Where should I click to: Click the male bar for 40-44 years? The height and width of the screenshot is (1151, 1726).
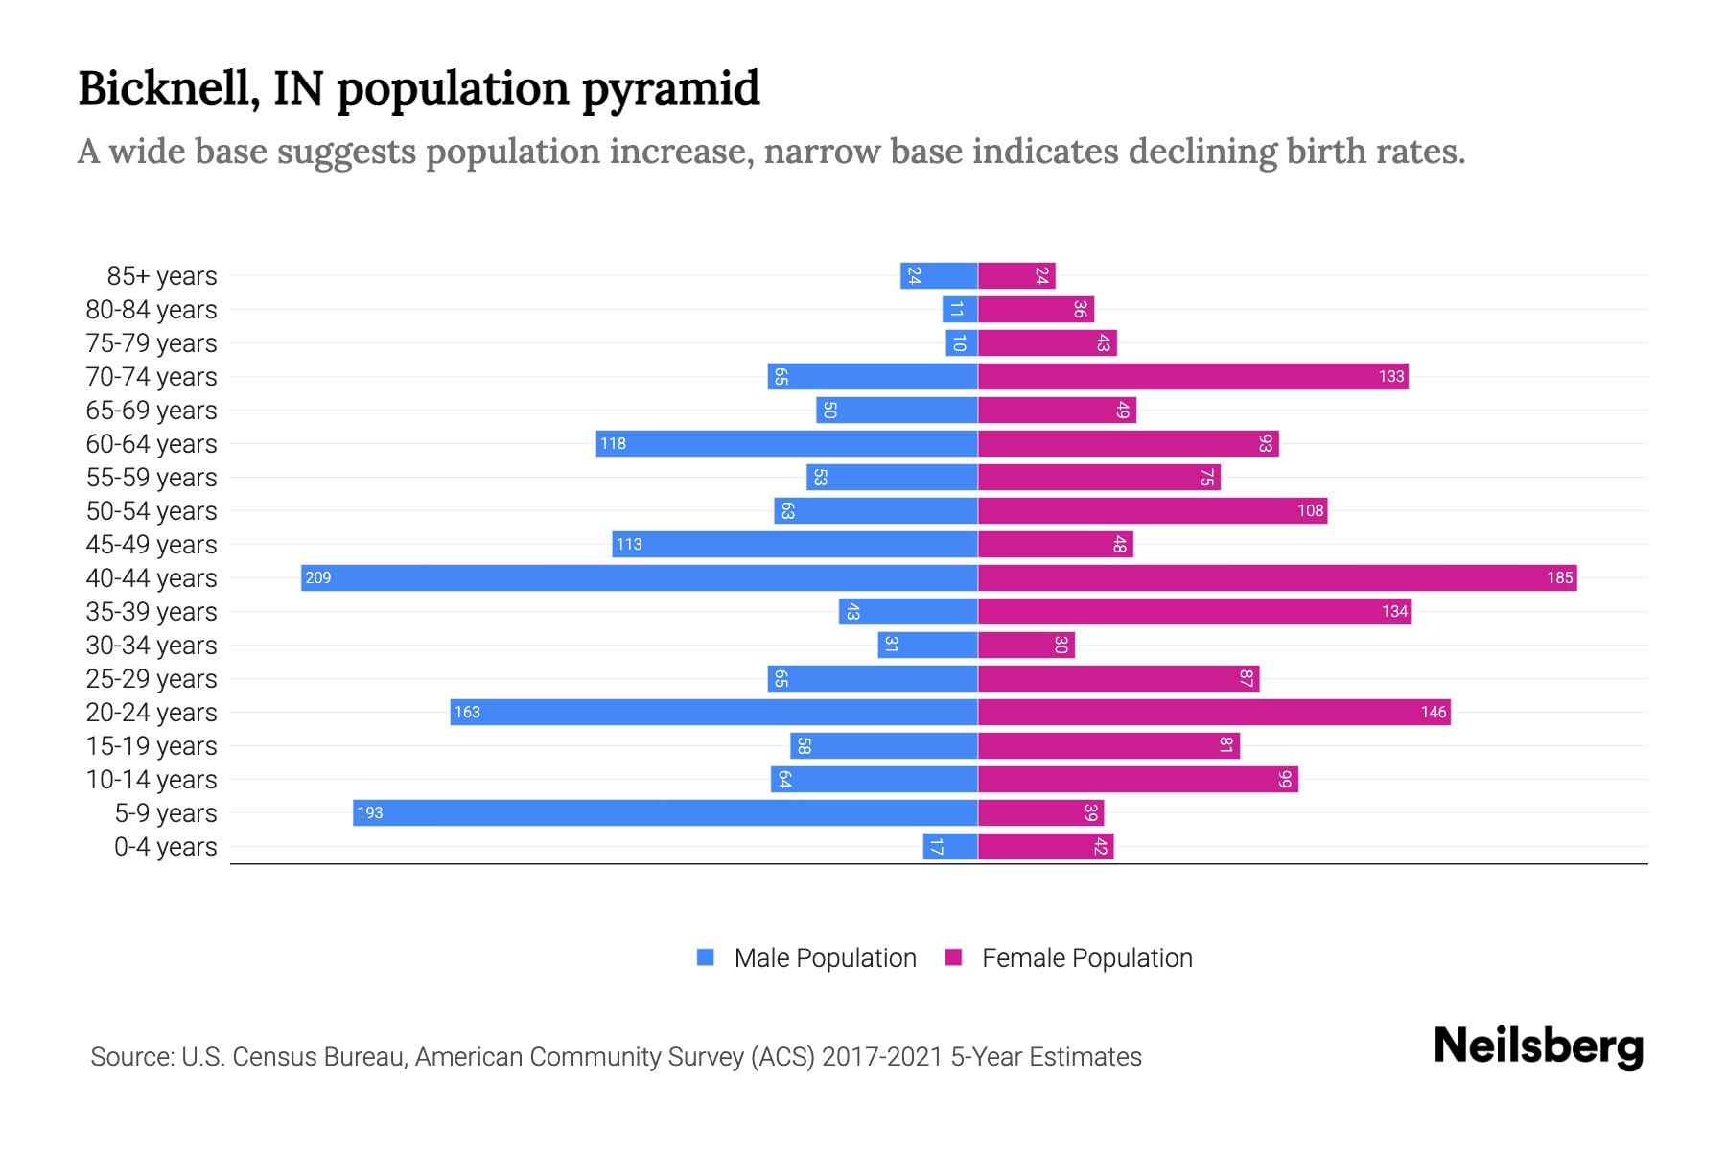click(x=639, y=577)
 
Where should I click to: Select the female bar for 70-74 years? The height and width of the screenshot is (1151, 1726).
click(x=1193, y=376)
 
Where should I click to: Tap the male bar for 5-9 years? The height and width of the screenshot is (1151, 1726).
click(x=665, y=812)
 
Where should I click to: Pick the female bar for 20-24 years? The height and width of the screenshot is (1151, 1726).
click(x=1214, y=712)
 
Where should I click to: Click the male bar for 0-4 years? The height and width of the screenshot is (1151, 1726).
click(x=950, y=846)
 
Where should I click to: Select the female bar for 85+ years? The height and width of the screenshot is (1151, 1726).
click(x=1016, y=275)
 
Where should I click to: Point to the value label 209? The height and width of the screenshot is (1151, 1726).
click(x=318, y=577)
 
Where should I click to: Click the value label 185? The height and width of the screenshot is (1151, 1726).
click(x=1559, y=577)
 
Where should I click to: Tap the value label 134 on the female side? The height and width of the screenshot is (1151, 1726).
click(x=1394, y=611)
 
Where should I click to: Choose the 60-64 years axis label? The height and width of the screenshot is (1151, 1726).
click(x=152, y=444)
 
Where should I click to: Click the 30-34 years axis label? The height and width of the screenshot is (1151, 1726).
click(x=152, y=646)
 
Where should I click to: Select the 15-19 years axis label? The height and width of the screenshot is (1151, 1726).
click(x=152, y=746)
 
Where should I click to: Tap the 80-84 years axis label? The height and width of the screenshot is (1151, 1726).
click(x=152, y=310)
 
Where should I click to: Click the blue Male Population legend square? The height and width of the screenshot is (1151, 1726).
click(x=706, y=957)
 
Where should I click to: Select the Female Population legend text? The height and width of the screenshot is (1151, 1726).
click(x=1086, y=958)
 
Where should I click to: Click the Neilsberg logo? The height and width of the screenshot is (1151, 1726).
click(x=1538, y=1046)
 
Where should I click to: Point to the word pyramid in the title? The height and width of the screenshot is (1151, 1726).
click(x=670, y=89)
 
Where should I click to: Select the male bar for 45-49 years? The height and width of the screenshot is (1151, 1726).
click(x=795, y=544)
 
